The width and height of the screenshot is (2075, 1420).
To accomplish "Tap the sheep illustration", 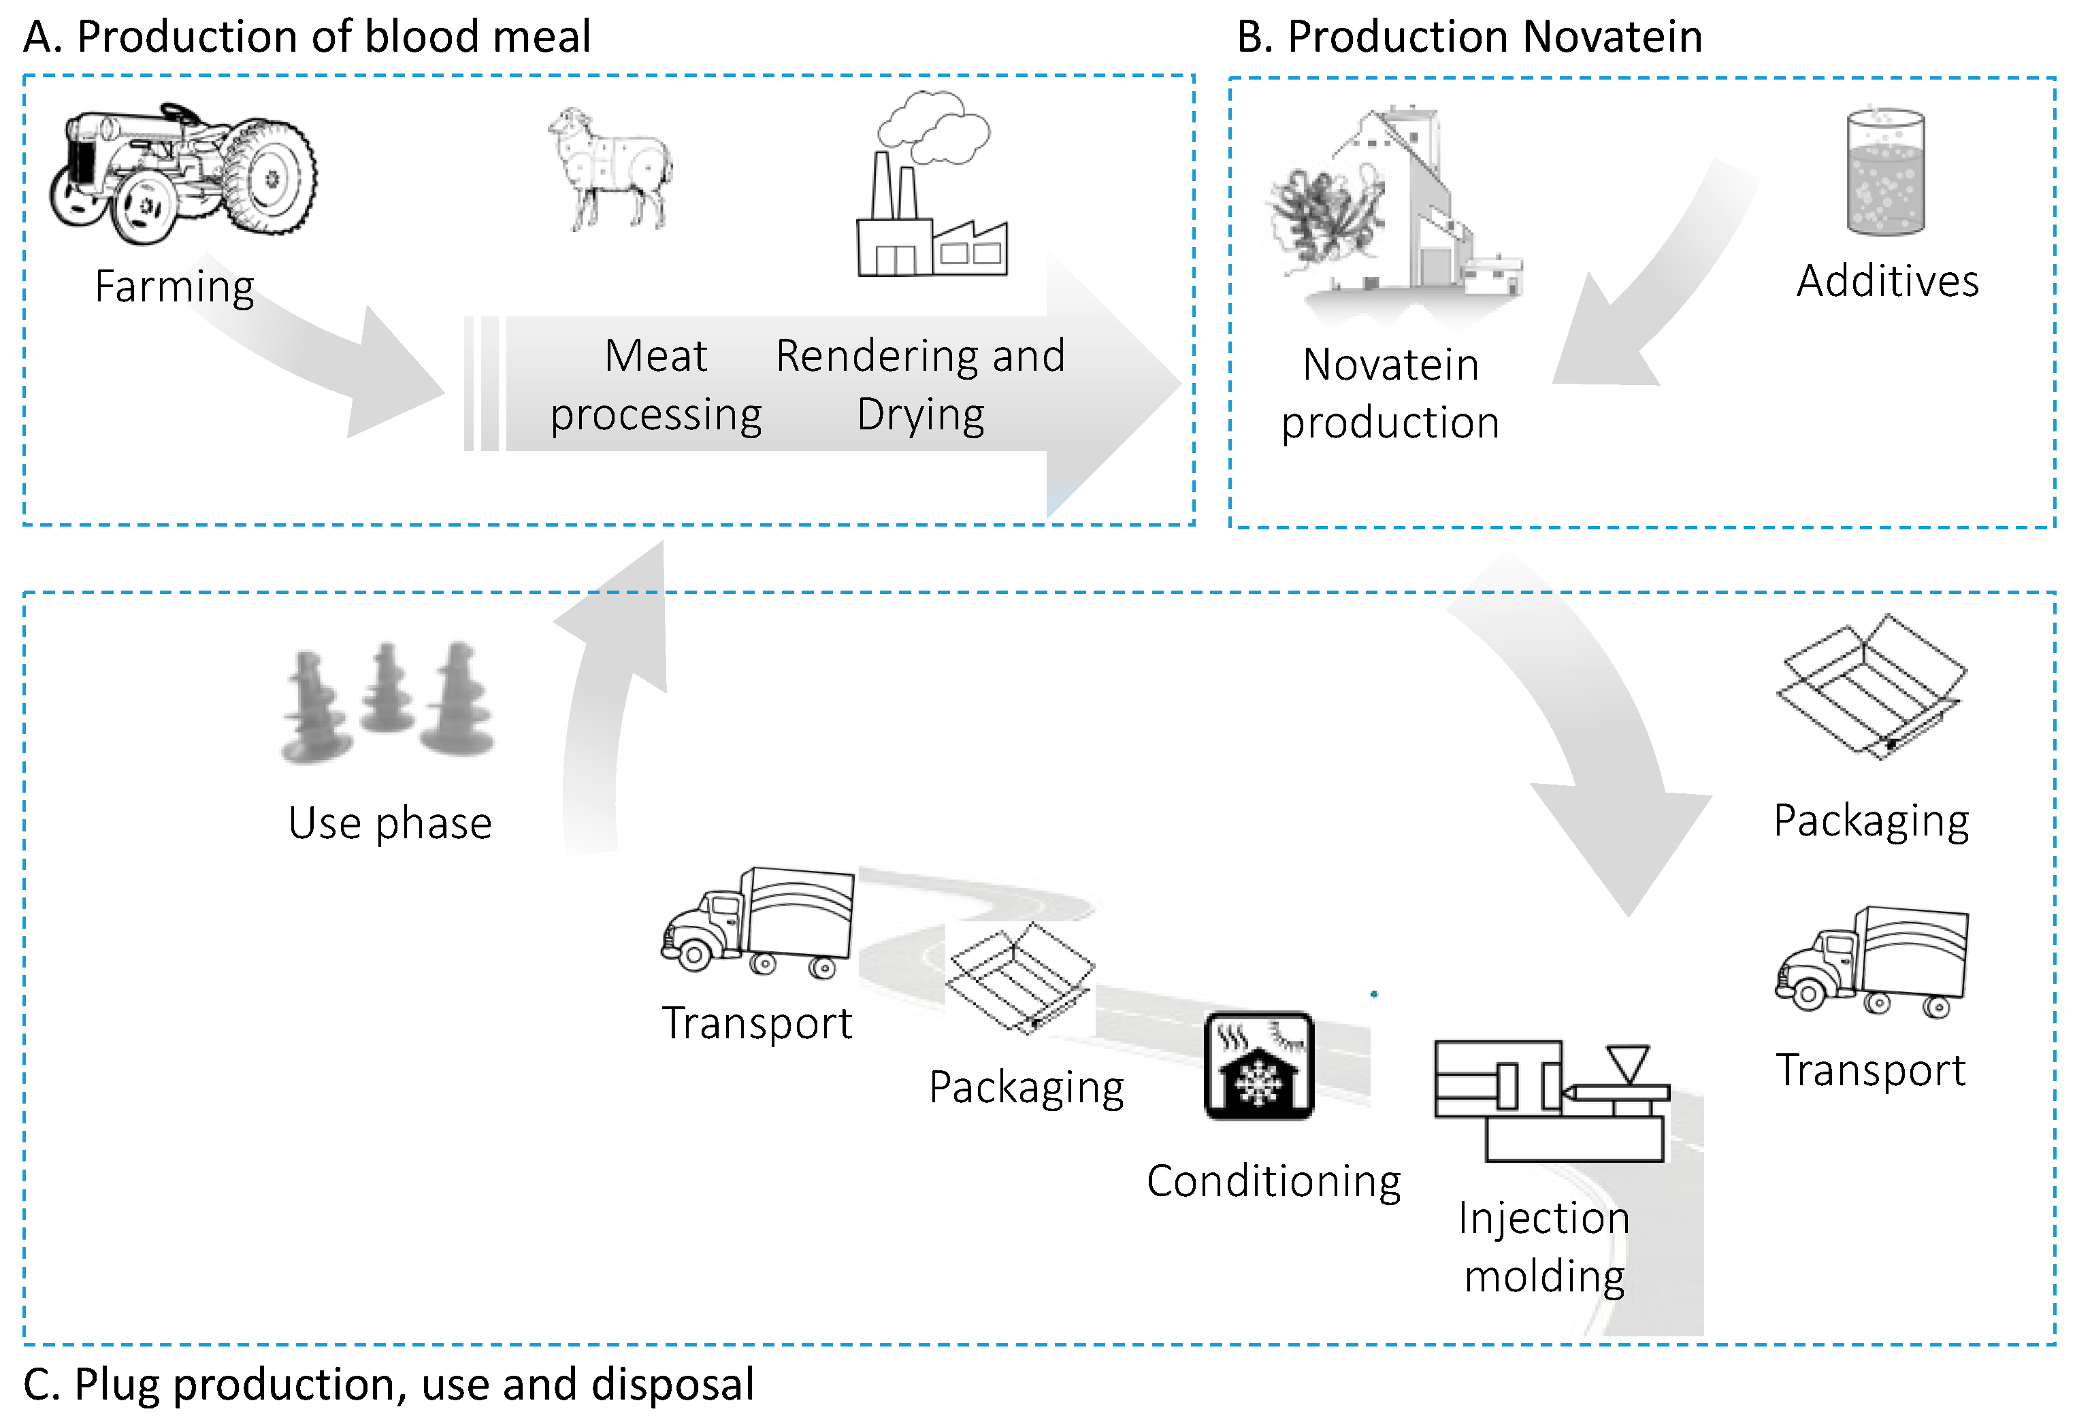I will tap(610, 169).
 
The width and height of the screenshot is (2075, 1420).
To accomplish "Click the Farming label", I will tap(174, 286).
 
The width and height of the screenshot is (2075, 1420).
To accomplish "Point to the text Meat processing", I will tap(656, 384).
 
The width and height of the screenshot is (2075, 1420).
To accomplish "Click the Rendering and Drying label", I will tap(919, 384).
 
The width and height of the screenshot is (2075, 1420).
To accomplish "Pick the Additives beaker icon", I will tap(1885, 171).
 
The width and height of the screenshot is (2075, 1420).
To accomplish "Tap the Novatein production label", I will tap(1390, 393).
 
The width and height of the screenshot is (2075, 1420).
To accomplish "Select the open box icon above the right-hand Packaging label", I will tap(1872, 685).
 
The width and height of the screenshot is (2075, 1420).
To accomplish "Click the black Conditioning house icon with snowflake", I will tap(1259, 1065).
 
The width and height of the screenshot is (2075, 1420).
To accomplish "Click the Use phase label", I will tap(389, 823).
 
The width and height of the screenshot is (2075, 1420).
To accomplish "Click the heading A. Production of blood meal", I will tap(306, 37).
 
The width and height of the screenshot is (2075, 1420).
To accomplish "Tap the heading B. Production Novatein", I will tap(1469, 37).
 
